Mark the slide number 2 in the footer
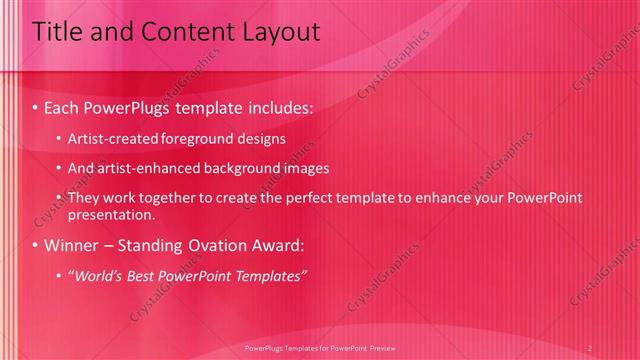(590, 348)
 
